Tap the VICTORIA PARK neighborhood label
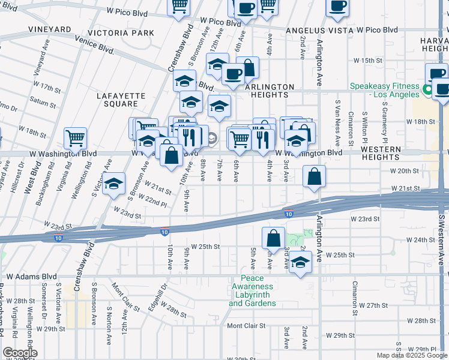click(121, 32)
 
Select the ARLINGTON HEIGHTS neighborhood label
click(270, 91)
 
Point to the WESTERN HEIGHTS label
click(381, 153)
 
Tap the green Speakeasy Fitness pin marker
click(427, 91)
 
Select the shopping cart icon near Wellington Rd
click(76, 137)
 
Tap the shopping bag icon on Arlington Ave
click(314, 176)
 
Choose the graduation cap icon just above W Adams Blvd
click(300, 262)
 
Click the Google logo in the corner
click(20, 353)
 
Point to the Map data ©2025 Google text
click(412, 355)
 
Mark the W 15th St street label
click(367, 61)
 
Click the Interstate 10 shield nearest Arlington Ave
click(289, 214)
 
